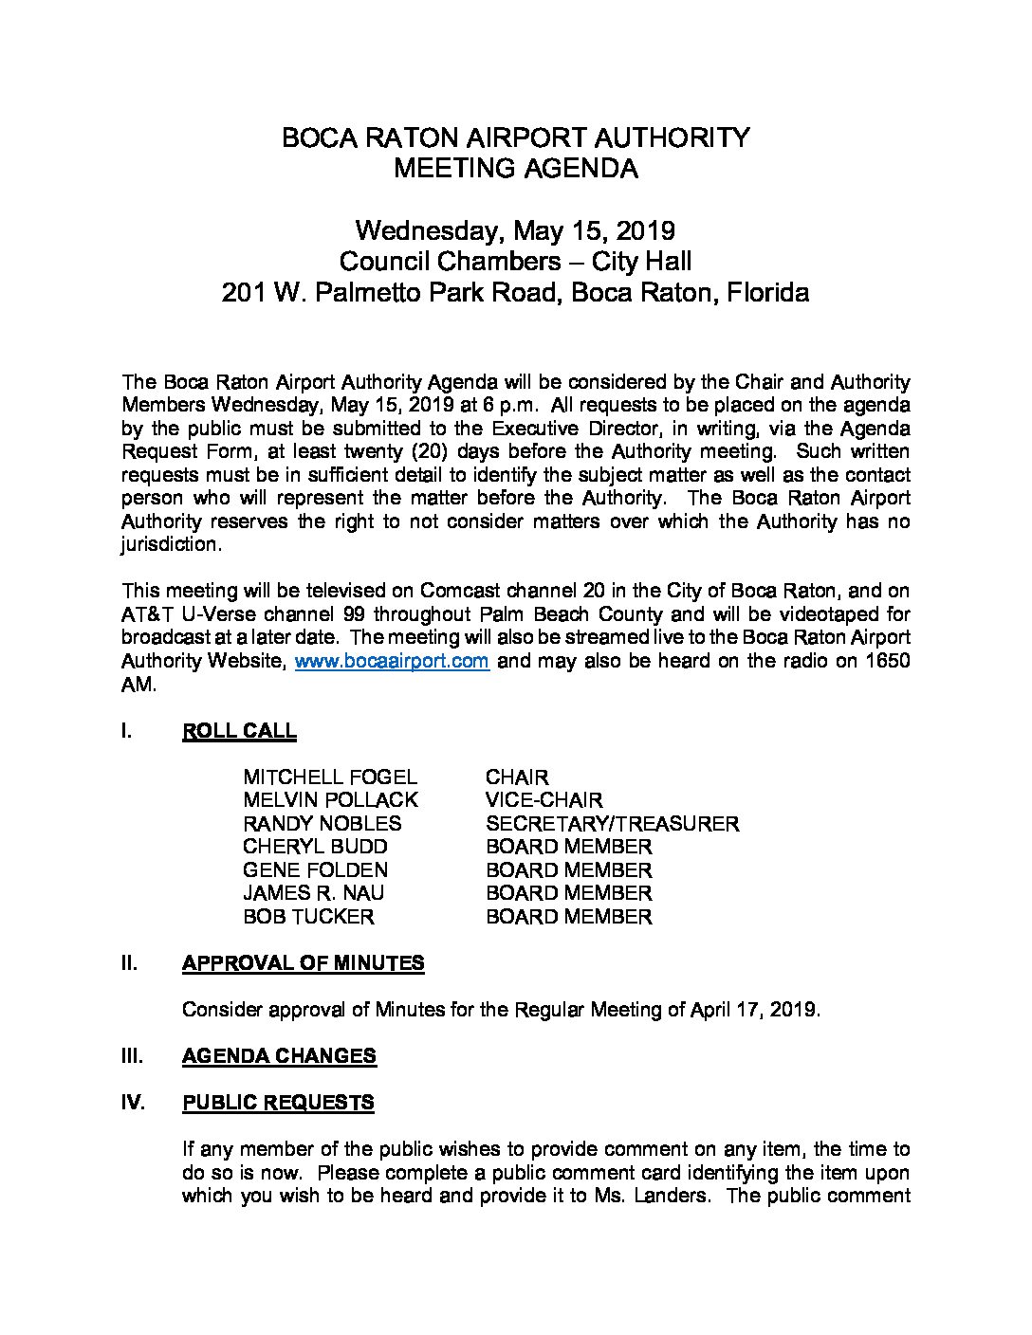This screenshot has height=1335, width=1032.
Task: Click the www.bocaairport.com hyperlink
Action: (392, 661)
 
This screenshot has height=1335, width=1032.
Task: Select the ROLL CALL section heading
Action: (238, 731)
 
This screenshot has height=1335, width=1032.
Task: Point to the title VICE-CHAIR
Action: (544, 800)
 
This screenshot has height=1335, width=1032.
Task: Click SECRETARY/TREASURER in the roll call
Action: (612, 824)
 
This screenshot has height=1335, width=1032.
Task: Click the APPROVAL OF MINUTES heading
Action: (303, 963)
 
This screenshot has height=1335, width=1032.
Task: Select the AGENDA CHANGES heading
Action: (278, 1056)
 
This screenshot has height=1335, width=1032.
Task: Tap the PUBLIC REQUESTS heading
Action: (277, 1103)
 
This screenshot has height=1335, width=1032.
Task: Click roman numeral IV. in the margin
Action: (134, 1103)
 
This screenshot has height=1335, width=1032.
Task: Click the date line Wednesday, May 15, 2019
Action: (515, 230)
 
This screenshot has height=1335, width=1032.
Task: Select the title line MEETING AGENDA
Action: (515, 169)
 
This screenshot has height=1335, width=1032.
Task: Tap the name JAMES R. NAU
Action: (313, 893)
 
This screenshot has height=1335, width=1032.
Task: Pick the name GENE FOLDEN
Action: (315, 870)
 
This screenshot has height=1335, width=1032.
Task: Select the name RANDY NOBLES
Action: (322, 824)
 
